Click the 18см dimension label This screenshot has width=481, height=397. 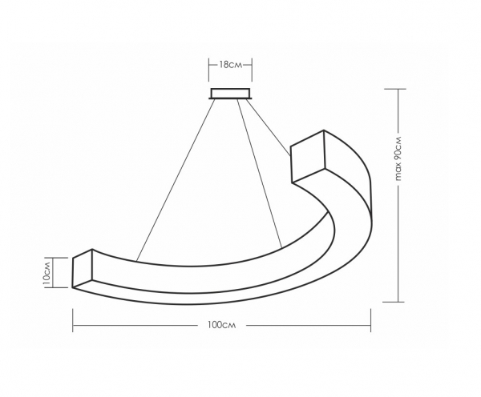pos(230,65)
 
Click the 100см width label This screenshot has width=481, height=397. pos(222,325)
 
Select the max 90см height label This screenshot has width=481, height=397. pos(398,158)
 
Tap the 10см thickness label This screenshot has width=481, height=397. pos(46,273)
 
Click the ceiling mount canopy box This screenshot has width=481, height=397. pos(230,94)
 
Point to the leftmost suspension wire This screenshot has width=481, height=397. pos(176,180)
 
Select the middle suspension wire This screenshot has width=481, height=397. pos(260,174)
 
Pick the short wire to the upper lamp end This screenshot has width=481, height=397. pos(268,128)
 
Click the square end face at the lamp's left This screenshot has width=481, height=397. pos(83,269)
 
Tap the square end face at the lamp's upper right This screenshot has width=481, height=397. pos(308,156)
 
